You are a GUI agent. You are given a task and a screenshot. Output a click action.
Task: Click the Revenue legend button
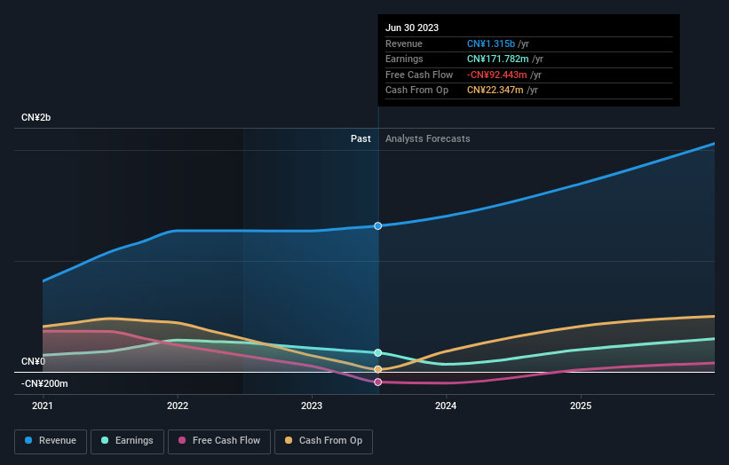tap(51, 440)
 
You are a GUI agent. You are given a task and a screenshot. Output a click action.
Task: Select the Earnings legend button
tap(127, 440)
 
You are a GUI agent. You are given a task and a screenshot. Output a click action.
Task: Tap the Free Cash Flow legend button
tap(219, 440)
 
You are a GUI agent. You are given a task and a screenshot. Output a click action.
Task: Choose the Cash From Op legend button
tap(324, 440)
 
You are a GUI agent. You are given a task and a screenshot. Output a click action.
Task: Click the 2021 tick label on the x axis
tap(43, 406)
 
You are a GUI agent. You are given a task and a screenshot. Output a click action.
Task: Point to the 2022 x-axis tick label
tap(178, 406)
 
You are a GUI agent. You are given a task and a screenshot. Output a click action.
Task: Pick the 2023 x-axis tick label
tap(312, 406)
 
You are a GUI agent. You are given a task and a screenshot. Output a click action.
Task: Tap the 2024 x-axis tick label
tap(446, 406)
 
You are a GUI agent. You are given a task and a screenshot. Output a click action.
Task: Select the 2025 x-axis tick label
tap(581, 406)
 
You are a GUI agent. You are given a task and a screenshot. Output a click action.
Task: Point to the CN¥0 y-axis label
tap(33, 361)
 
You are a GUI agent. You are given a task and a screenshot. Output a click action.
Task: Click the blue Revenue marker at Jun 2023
tap(378, 226)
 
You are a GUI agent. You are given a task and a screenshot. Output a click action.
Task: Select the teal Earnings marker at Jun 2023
tap(378, 353)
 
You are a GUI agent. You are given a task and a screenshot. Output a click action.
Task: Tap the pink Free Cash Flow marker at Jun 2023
tap(378, 382)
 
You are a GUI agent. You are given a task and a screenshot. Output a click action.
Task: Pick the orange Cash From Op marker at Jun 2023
tap(378, 369)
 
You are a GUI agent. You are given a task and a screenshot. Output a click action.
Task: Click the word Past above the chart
tap(361, 138)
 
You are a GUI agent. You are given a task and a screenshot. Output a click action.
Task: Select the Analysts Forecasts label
tap(427, 138)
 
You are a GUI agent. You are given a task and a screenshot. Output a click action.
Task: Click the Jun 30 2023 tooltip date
tap(412, 28)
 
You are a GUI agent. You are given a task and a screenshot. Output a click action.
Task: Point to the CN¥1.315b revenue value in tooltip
tap(490, 43)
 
